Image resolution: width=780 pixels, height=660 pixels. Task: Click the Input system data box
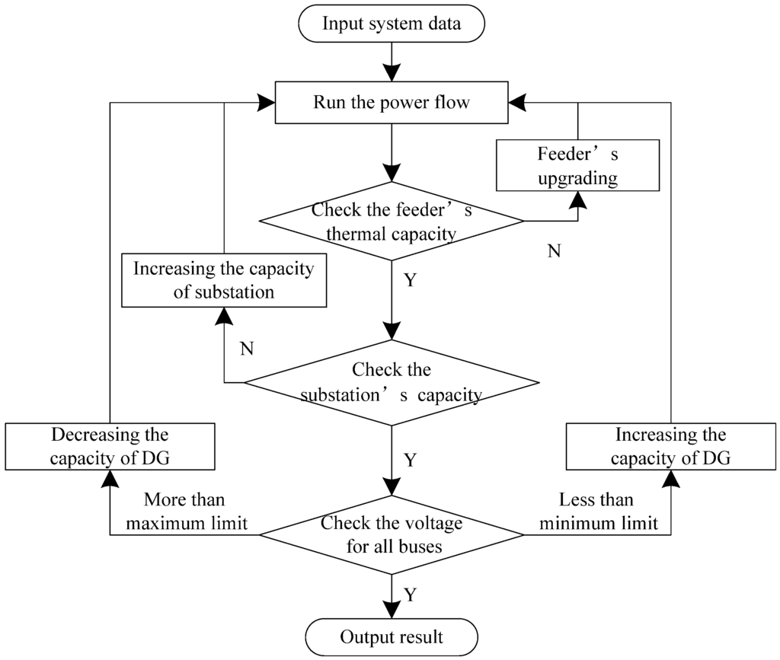point(392,24)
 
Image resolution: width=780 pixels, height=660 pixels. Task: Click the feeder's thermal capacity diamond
point(392,222)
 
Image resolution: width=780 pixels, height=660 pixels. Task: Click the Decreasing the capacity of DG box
point(110,447)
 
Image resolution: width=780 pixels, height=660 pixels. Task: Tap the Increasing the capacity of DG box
point(670,447)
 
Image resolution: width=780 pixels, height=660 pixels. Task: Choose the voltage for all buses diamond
point(392,534)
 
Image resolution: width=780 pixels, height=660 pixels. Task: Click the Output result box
point(392,636)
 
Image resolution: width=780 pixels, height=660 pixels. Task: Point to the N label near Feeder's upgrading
point(554,252)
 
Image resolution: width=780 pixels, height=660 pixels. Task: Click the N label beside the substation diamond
point(246,349)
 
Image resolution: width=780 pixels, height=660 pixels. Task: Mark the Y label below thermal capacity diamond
point(410,281)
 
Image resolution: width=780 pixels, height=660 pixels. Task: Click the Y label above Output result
point(410,595)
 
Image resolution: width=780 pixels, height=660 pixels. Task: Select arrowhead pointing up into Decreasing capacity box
point(110,478)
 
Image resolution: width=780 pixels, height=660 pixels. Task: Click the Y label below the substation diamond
point(410,461)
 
